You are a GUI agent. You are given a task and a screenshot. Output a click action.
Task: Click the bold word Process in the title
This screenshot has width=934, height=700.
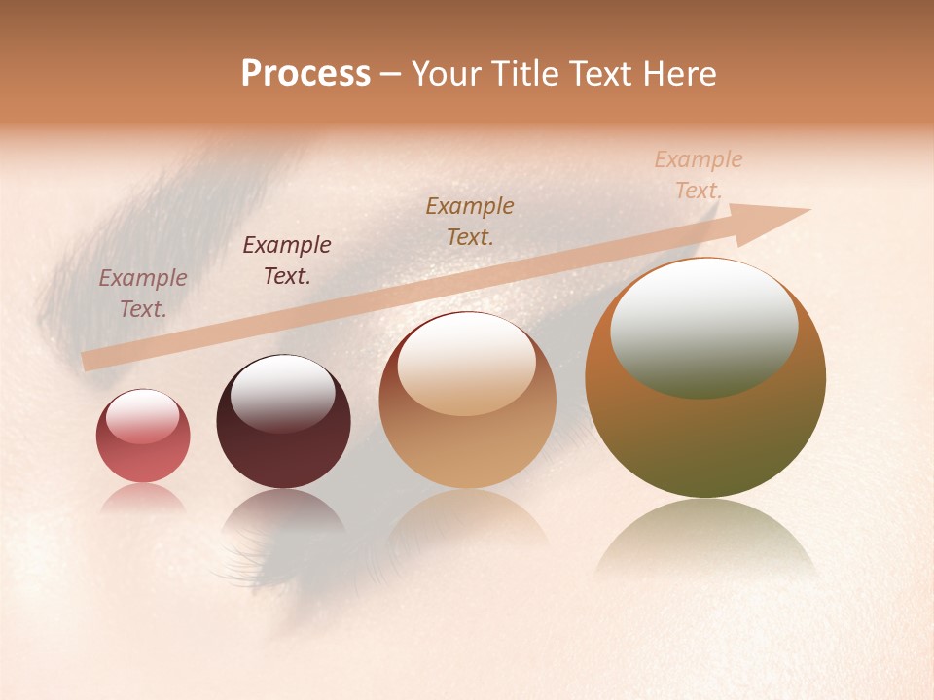tap(305, 74)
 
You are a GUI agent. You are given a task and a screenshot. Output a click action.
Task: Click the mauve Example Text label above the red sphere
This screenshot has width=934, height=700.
tap(143, 293)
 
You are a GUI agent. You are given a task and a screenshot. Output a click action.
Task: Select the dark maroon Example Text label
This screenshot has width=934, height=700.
tap(287, 260)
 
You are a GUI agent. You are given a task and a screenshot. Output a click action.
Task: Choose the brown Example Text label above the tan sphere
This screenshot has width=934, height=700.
tap(470, 221)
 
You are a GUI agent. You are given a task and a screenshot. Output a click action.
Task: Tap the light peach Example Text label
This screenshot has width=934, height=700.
tap(699, 174)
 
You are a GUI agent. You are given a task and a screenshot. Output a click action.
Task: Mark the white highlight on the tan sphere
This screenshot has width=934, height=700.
tap(467, 365)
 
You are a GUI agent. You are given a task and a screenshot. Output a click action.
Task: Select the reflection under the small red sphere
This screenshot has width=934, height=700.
tap(143, 498)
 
